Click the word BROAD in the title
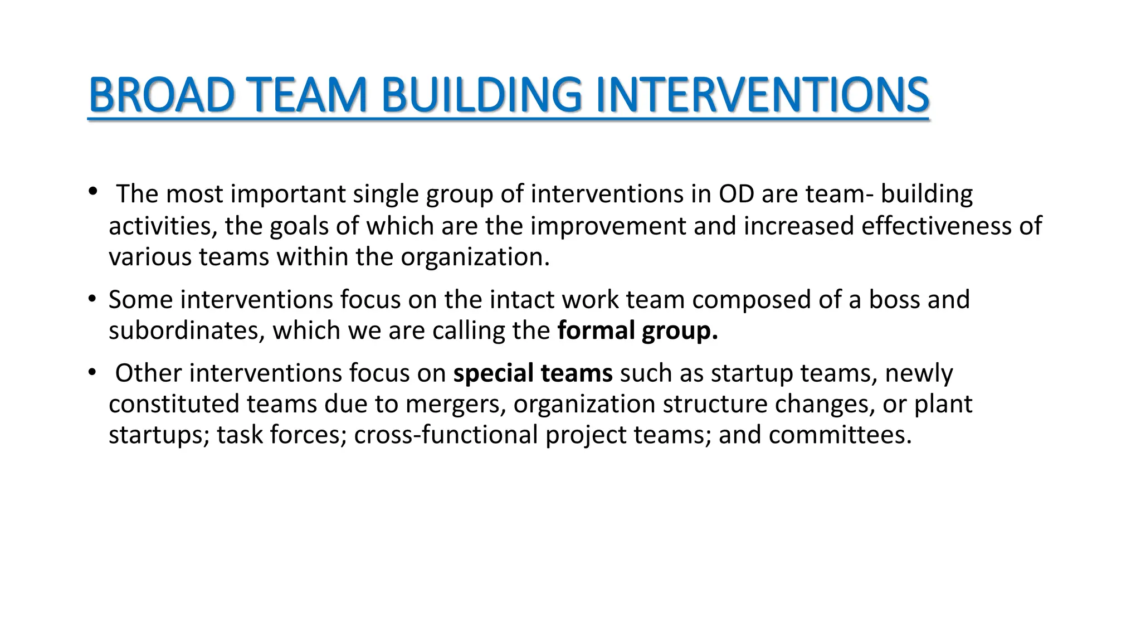point(162,95)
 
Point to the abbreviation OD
point(736,194)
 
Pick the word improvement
point(608,226)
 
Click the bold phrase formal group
point(637,330)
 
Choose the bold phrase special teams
point(533,373)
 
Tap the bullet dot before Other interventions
point(92,372)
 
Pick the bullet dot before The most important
point(92,192)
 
